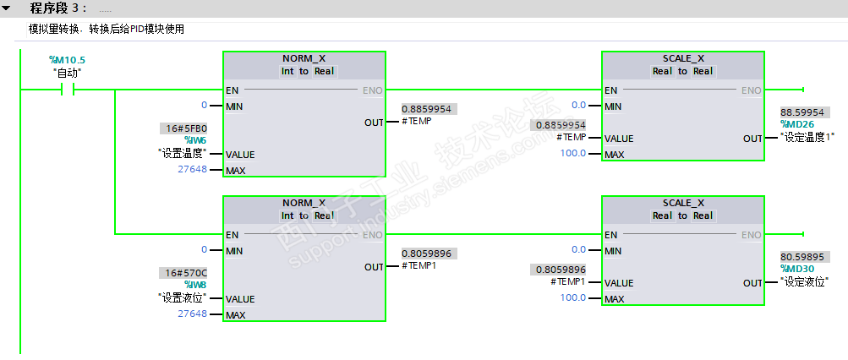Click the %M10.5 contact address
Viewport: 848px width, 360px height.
(x=68, y=60)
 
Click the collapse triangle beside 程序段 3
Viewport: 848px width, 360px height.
(x=7, y=8)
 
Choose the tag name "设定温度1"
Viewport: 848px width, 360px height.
(x=812, y=137)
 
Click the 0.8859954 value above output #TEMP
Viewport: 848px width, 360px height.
(x=429, y=109)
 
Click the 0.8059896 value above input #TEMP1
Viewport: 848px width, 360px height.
(x=559, y=270)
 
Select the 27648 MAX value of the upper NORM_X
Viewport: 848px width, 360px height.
(x=192, y=169)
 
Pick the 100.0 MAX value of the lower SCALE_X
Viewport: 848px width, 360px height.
(x=573, y=298)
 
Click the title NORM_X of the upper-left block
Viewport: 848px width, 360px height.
(x=304, y=58)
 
